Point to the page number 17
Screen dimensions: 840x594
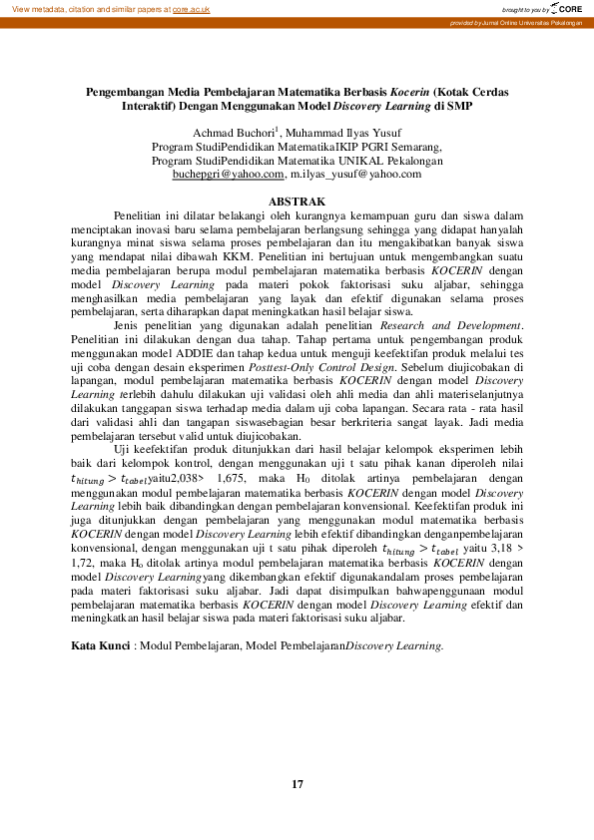[297, 784]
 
